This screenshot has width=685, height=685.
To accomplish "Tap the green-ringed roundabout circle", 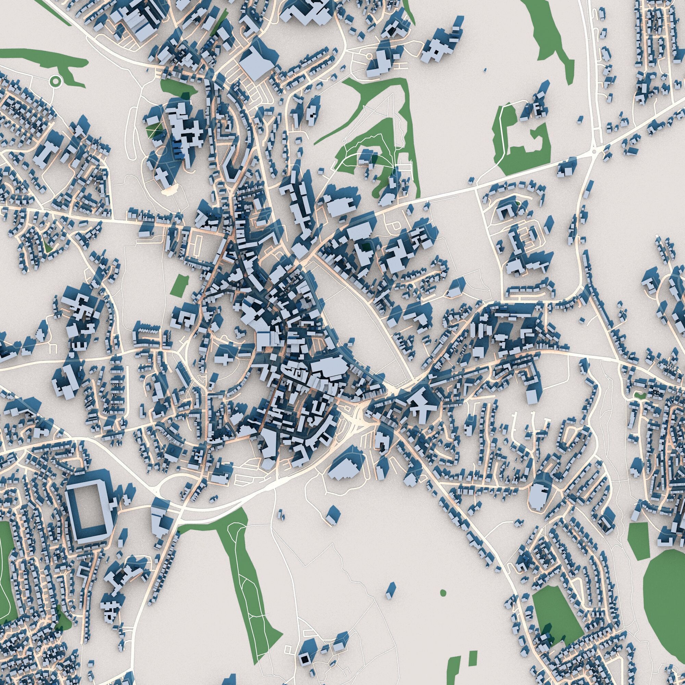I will pyautogui.click(x=55, y=82).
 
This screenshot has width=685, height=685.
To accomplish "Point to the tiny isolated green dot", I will pyautogui.click(x=443, y=593).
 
